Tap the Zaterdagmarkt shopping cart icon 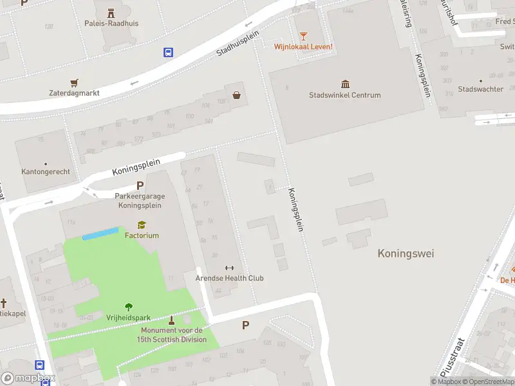click(x=74, y=82)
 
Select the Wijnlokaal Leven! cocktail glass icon click(x=303, y=35)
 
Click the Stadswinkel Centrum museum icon click(x=345, y=84)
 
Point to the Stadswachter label click(x=480, y=89)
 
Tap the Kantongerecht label click(x=46, y=172)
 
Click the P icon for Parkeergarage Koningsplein click(x=140, y=186)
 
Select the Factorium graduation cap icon click(x=142, y=225)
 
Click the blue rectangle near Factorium click(x=100, y=233)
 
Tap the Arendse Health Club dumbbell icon click(x=229, y=268)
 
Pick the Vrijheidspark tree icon click(x=129, y=307)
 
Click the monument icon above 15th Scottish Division click(x=171, y=320)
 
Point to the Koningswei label click(x=406, y=253)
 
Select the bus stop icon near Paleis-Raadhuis click(x=169, y=53)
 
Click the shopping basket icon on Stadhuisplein click(x=237, y=95)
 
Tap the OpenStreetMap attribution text click(x=487, y=381)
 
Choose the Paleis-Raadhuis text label click(x=111, y=24)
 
